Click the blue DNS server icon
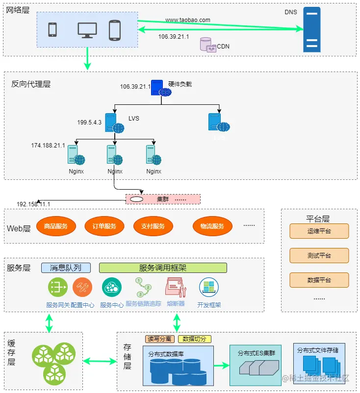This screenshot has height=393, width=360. tap(311, 29)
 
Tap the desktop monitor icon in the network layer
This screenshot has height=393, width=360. tap(87, 30)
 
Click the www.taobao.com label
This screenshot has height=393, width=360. tap(187, 20)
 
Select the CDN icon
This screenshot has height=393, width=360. tap(208, 45)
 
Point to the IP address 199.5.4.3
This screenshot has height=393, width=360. tap(89, 123)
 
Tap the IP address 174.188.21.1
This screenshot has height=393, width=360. tap(48, 146)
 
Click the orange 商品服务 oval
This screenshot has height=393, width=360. tap(55, 226)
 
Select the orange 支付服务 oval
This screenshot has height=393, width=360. tap(153, 226)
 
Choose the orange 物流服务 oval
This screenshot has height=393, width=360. tap(212, 226)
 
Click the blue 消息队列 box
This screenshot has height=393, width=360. tap(66, 268)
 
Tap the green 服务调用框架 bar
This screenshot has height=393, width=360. tap(163, 268)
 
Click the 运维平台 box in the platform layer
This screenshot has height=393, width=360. tap(319, 231)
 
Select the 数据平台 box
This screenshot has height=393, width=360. tap(319, 280)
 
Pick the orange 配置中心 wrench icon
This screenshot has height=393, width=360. tap(82, 287)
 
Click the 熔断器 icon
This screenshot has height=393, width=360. tap(176, 287)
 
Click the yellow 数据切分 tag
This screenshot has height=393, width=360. tap(195, 339)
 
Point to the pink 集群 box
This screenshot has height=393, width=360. tap(163, 199)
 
